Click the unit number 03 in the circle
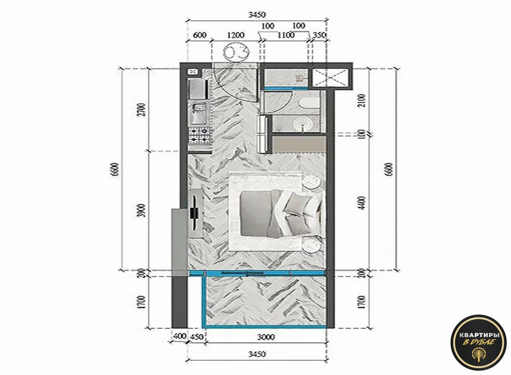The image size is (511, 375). (x=236, y=52)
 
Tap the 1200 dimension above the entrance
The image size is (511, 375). (x=235, y=35)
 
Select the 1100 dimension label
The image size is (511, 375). (x=286, y=35)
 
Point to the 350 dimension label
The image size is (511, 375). (x=319, y=35)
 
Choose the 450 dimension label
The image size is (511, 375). (x=196, y=337)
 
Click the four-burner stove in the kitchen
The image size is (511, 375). (x=199, y=135)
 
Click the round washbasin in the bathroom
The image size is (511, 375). (x=303, y=124)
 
